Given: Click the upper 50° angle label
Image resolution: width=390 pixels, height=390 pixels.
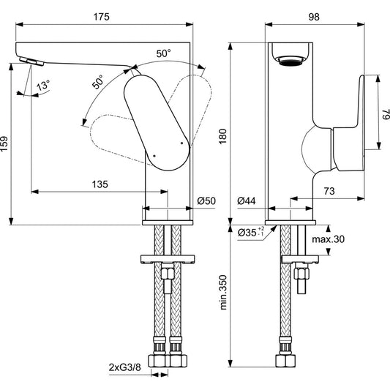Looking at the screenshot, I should coord(162,53).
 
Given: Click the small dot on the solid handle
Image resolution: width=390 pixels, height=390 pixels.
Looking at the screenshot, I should coord(154,155).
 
